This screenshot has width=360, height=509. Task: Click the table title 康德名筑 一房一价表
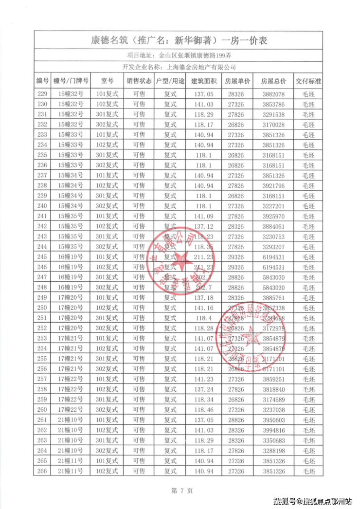(x=180, y=40)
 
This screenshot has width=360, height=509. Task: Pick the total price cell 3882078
(x=273, y=94)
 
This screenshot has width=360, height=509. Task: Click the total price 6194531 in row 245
(x=273, y=256)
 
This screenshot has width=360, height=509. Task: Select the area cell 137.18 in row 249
(x=203, y=297)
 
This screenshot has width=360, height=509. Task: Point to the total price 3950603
(x=273, y=419)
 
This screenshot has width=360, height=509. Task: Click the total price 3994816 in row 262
(x=273, y=430)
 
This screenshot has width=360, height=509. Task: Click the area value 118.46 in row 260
(x=203, y=409)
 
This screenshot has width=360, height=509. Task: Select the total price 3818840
(x=273, y=389)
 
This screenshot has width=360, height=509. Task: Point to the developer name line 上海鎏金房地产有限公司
(x=180, y=68)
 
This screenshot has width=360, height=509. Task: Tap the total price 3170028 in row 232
(x=273, y=125)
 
